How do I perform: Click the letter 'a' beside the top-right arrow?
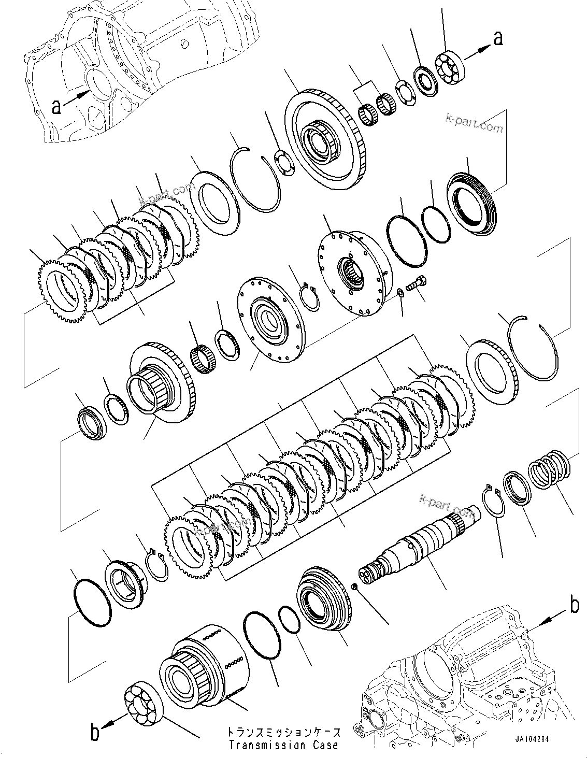498,38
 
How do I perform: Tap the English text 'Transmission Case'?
283,746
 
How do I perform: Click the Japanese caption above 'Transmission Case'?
283,733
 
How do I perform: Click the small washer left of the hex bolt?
400,294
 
